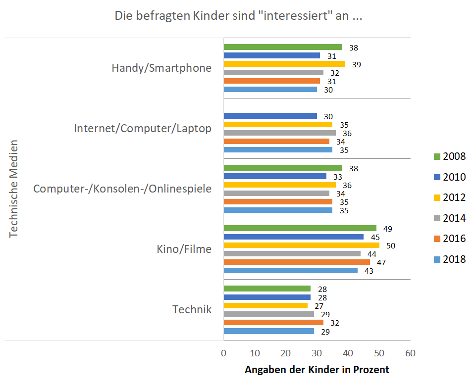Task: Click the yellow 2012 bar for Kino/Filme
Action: point(301,245)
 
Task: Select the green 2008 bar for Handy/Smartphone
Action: point(282,47)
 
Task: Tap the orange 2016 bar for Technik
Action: point(273,323)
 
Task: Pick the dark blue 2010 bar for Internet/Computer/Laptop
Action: point(270,116)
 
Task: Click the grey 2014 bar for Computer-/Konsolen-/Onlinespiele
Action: point(276,193)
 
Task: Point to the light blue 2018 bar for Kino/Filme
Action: point(290,271)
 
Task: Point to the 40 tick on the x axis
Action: point(348,353)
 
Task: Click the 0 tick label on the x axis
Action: point(224,353)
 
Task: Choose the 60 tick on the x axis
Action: point(410,353)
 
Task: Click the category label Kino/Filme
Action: point(184,249)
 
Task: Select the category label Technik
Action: point(192,310)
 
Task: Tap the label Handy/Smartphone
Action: point(161,68)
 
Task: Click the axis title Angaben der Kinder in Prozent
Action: point(317,370)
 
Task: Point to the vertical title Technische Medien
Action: point(14,189)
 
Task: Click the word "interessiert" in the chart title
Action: point(295,16)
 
